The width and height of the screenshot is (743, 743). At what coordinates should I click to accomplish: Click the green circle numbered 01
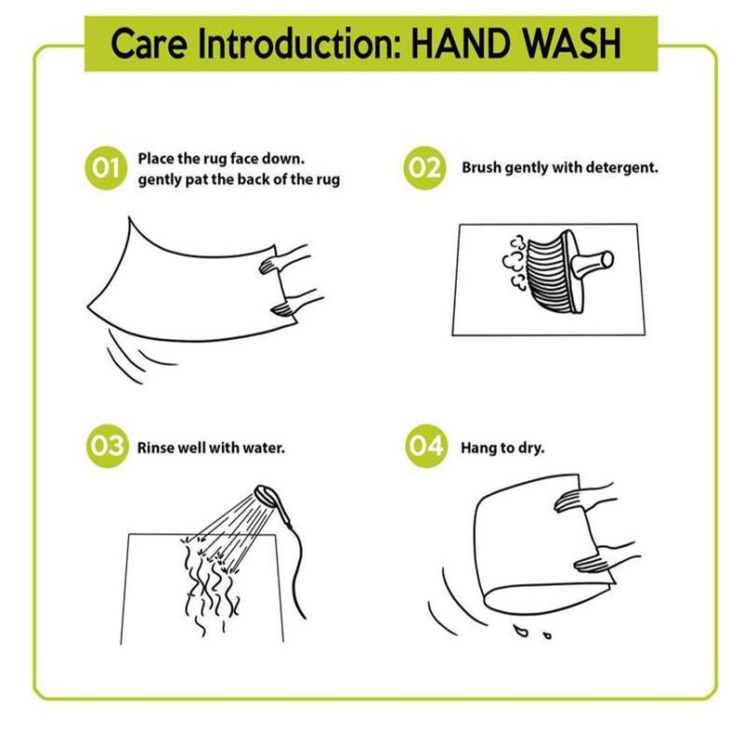[106, 168]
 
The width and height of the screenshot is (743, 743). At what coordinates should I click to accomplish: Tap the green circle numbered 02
[424, 168]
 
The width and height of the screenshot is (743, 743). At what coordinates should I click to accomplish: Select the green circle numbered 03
[107, 446]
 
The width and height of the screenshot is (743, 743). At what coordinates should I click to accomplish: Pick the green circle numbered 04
[426, 446]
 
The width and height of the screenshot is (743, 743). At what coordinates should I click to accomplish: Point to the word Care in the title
[149, 44]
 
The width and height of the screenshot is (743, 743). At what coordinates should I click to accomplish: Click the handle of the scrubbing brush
[593, 262]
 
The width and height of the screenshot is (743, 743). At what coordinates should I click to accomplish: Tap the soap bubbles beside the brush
[515, 263]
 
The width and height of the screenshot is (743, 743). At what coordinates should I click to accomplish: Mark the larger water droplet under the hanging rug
[520, 631]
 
